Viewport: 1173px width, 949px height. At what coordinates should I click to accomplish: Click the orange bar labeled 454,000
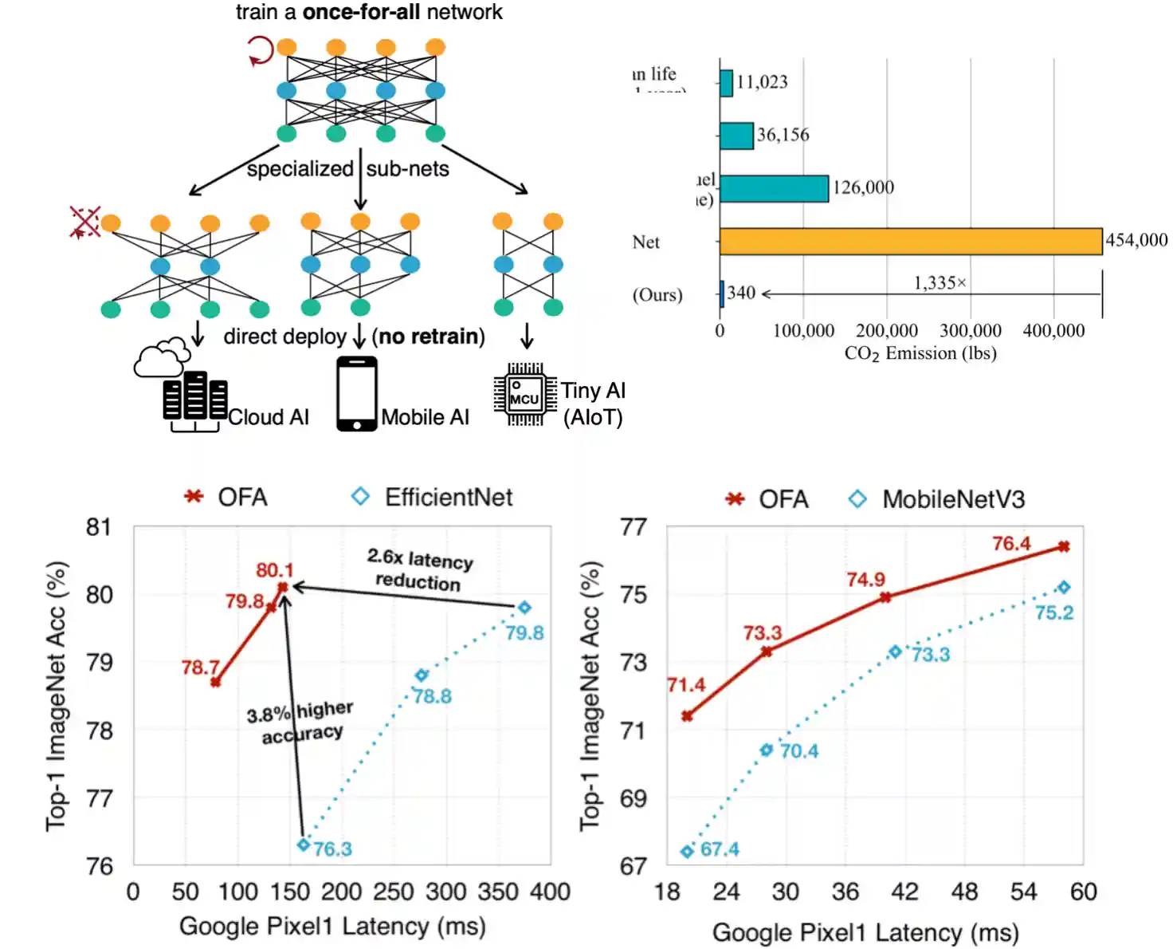pyautogui.click(x=910, y=242)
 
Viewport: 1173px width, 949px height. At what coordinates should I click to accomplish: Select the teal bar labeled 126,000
pyautogui.click(x=774, y=189)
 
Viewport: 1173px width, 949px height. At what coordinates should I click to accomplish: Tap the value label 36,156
pyautogui.click(x=783, y=135)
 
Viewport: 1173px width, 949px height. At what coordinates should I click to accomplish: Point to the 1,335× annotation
pyautogui.click(x=940, y=283)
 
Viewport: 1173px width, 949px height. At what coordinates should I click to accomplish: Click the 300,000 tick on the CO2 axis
pyautogui.click(x=970, y=330)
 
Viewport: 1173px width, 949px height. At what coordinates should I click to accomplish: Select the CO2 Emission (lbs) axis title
pyautogui.click(x=920, y=353)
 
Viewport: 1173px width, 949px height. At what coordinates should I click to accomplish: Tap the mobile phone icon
pyautogui.click(x=356, y=394)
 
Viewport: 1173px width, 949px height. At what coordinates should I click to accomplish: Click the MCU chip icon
pyautogui.click(x=525, y=395)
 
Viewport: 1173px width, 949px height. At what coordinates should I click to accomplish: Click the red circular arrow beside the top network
pyautogui.click(x=260, y=51)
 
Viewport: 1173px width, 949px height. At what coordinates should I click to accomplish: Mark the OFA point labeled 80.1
pyautogui.click(x=282, y=588)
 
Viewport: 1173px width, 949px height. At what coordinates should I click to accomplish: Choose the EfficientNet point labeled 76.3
pyautogui.click(x=304, y=845)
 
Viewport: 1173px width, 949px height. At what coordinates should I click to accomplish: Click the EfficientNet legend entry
pyautogui.click(x=433, y=498)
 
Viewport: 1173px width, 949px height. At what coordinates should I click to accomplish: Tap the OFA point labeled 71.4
pyautogui.click(x=687, y=716)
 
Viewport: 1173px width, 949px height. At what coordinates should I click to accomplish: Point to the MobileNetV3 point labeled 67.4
pyautogui.click(x=687, y=852)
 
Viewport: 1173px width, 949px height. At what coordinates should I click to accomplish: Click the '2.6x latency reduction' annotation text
pyautogui.click(x=419, y=569)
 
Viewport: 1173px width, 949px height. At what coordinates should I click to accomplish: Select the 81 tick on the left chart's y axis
pyautogui.click(x=99, y=527)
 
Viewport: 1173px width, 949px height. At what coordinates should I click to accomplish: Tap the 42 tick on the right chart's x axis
pyautogui.click(x=904, y=892)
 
